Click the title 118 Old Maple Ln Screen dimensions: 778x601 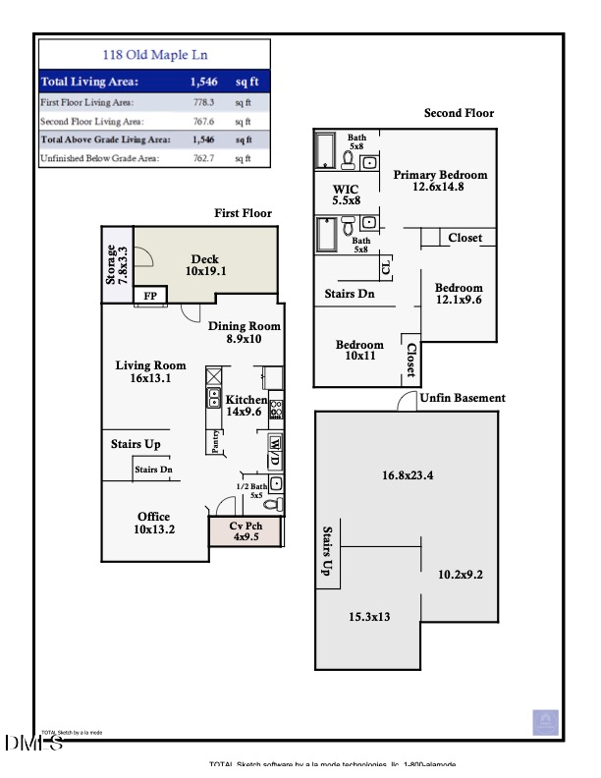[x=155, y=55]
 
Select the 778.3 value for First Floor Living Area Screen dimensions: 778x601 [x=204, y=101]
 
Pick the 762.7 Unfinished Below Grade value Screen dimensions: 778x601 [x=204, y=157]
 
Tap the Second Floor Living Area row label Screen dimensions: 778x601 [x=91, y=121]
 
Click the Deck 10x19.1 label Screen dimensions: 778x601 [x=205, y=265]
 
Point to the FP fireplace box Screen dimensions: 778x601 [x=150, y=296]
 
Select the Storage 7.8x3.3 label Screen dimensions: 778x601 [x=117, y=264]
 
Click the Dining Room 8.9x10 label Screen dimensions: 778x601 [x=245, y=332]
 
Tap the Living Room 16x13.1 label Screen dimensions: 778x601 [x=150, y=371]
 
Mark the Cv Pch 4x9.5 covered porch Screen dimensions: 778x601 [x=245, y=531]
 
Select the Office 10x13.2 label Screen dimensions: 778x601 [x=153, y=523]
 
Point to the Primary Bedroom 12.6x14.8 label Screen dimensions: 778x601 [x=440, y=181]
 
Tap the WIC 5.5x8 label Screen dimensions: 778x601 [x=346, y=194]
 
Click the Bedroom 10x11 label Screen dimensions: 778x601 [x=359, y=351]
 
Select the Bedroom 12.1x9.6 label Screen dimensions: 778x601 [x=459, y=294]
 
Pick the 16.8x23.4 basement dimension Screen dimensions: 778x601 [x=408, y=475]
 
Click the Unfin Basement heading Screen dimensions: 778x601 [x=463, y=398]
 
